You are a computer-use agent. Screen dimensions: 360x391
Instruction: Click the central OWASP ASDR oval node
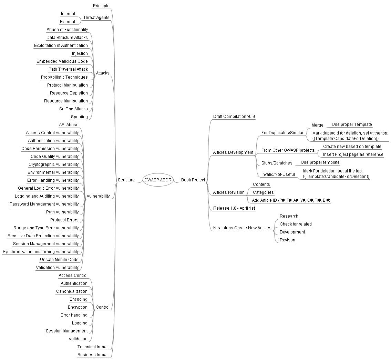click(x=157, y=180)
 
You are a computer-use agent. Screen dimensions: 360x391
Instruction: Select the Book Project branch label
click(x=193, y=180)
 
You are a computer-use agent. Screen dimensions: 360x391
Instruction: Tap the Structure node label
click(x=126, y=180)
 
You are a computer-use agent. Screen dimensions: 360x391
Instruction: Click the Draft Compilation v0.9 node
click(x=234, y=117)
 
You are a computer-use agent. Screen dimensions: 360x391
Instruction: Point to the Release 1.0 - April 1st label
click(x=234, y=208)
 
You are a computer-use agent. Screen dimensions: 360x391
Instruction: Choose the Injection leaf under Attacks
click(x=80, y=53)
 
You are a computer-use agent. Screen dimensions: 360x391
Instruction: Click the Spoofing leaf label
click(x=79, y=117)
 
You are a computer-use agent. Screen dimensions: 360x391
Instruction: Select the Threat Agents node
click(x=96, y=18)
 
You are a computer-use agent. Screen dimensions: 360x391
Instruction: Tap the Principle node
click(x=101, y=6)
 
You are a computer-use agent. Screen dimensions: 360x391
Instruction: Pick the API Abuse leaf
click(x=69, y=125)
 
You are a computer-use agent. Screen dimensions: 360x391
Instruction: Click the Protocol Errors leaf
click(x=64, y=220)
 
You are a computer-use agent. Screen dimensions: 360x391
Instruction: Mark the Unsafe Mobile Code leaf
click(x=59, y=260)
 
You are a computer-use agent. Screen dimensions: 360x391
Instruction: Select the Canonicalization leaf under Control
click(x=72, y=291)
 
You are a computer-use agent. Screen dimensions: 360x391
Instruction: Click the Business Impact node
click(x=93, y=355)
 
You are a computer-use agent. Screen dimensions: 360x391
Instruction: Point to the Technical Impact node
click(x=93, y=347)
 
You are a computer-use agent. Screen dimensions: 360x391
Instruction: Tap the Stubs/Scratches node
click(x=277, y=163)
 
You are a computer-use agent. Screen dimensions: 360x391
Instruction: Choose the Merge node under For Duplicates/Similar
click(x=317, y=125)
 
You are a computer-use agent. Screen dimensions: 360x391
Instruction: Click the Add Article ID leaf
click(x=291, y=200)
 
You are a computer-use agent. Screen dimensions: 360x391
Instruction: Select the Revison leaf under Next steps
click(x=287, y=240)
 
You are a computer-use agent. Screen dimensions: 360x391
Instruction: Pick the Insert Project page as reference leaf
click(x=353, y=154)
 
